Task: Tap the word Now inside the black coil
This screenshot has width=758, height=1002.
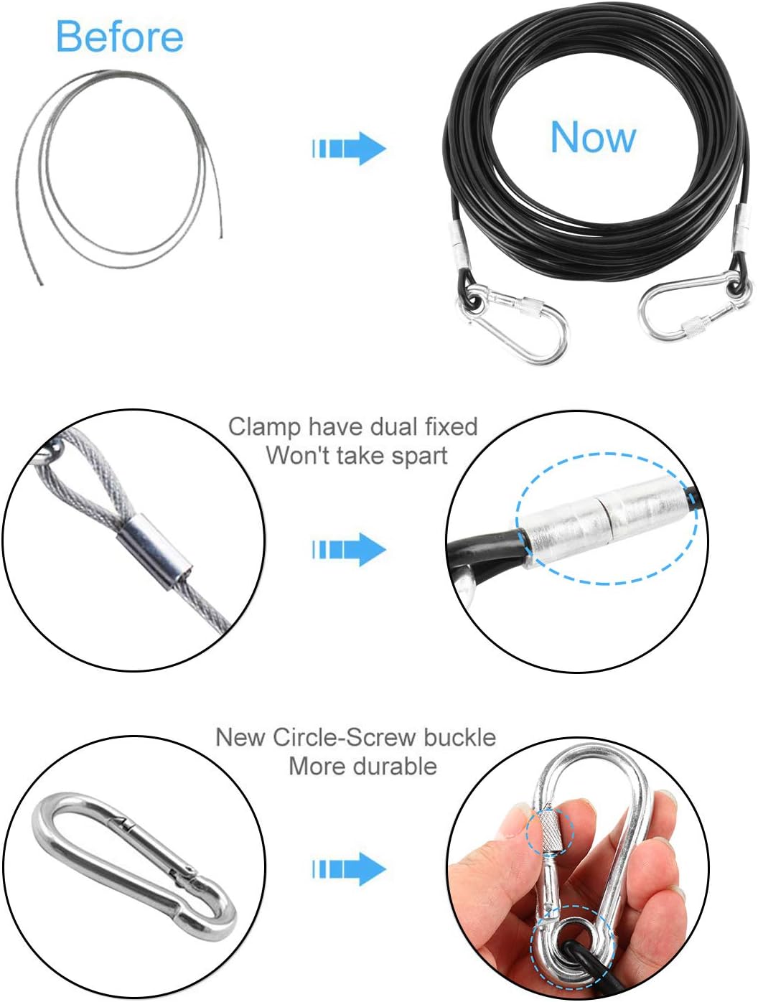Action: coord(593,137)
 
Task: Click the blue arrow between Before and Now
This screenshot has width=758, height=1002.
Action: coord(350,149)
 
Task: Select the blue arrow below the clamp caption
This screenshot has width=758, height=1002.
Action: coord(350,550)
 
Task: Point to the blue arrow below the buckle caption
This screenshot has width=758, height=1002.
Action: coord(350,869)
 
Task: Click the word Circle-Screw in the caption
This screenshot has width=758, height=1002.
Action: coord(356,737)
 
